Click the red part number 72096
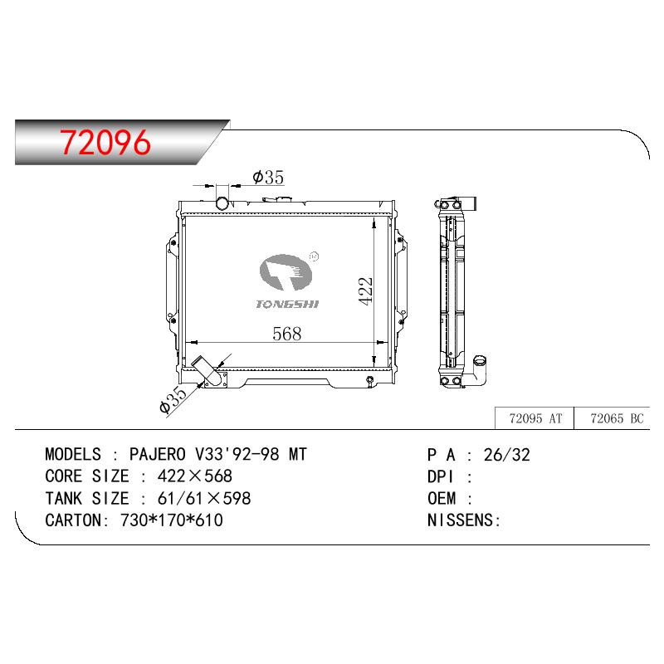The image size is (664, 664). [x=105, y=142]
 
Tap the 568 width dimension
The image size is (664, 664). [x=287, y=334]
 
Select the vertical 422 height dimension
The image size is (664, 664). [x=365, y=291]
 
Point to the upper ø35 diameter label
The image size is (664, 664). [x=268, y=177]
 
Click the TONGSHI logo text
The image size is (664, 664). [x=287, y=304]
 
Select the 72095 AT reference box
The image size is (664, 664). [x=535, y=418]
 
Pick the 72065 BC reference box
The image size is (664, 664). [x=613, y=418]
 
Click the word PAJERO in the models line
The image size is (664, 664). [x=158, y=454]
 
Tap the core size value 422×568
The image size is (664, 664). [x=195, y=476]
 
